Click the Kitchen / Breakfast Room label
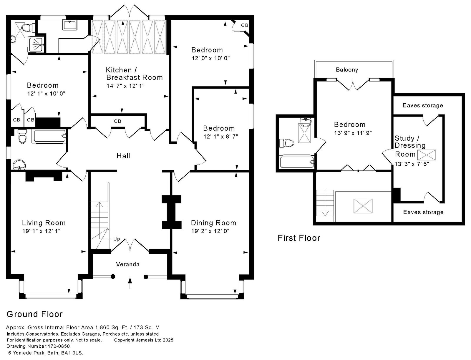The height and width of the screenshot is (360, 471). click(134, 74)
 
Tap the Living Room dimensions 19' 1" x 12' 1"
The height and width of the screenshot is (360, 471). click(42, 231)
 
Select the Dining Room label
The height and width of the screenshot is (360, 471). click(213, 223)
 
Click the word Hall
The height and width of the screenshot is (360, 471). click(123, 156)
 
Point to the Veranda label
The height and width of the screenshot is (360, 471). click(128, 264)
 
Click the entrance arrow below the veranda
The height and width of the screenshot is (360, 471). click(130, 283)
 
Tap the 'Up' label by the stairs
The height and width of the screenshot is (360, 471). click(117, 239)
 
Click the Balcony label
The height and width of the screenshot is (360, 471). click(347, 70)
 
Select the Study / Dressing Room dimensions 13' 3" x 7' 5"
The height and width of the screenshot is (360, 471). click(412, 164)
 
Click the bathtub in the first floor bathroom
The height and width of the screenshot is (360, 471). click(297, 162)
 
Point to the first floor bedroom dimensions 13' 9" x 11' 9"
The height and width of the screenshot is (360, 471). click(353, 133)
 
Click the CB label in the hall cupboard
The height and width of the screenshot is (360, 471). click(117, 121)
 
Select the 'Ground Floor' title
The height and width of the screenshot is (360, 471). click(35, 314)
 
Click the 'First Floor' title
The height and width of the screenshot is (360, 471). click(299, 238)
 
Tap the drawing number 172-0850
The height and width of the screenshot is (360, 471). click(58, 346)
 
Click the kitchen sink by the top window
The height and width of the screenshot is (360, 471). click(70, 25)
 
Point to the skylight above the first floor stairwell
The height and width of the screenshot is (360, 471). click(363, 206)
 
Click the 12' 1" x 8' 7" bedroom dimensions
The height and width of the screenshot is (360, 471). click(220, 137)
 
